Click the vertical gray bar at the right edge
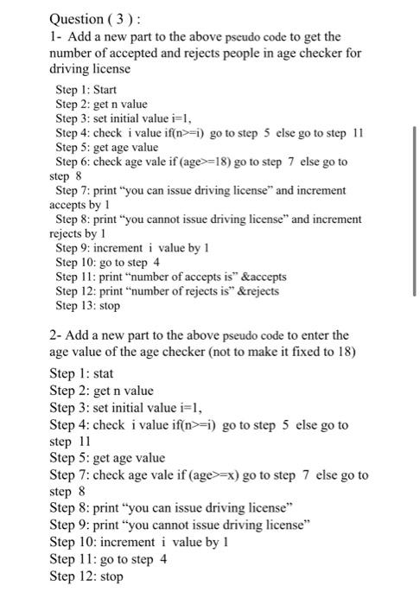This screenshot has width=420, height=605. [416, 211]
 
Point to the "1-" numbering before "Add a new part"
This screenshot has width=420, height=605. [55, 36]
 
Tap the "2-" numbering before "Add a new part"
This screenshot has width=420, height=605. [56, 334]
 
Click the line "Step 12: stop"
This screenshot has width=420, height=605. [86, 575]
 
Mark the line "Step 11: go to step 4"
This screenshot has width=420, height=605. [109, 558]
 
